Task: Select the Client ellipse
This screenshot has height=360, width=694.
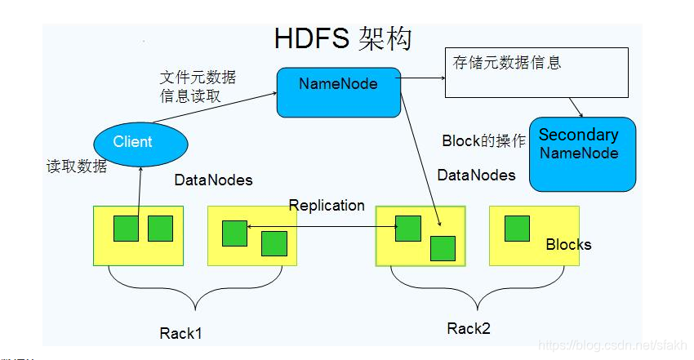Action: click(x=140, y=143)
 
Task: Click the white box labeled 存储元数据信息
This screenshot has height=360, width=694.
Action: click(x=536, y=72)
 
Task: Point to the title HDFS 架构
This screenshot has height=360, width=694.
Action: click(x=342, y=38)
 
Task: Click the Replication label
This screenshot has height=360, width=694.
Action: click(x=327, y=205)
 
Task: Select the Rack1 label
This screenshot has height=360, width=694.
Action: click(x=180, y=333)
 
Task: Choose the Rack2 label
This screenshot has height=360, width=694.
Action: click(x=468, y=328)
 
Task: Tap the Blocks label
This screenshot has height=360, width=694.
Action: click(x=568, y=244)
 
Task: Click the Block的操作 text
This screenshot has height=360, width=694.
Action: click(x=483, y=140)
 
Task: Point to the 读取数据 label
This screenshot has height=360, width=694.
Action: click(x=76, y=165)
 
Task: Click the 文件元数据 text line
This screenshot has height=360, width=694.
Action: click(x=198, y=78)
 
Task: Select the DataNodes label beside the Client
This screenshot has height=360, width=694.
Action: click(x=213, y=180)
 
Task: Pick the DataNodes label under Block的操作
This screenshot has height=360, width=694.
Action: click(x=476, y=175)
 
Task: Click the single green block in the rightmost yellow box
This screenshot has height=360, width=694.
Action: click(x=517, y=229)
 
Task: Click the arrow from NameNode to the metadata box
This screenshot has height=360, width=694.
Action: click(x=421, y=80)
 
